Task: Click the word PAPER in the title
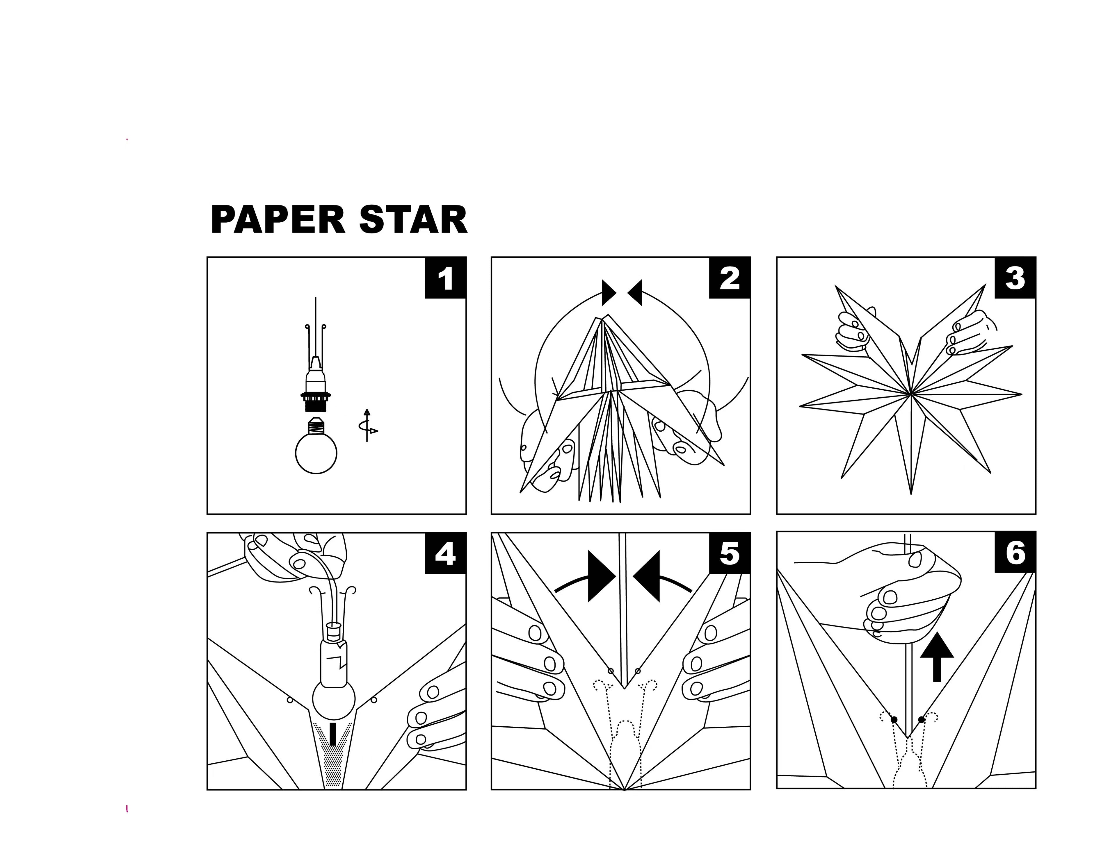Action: (x=278, y=220)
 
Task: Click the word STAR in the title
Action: (x=413, y=220)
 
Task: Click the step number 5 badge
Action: (x=730, y=553)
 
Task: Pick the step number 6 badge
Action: (x=1015, y=552)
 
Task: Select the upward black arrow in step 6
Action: (x=937, y=657)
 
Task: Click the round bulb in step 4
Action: (x=333, y=700)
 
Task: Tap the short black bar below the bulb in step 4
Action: (x=333, y=734)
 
